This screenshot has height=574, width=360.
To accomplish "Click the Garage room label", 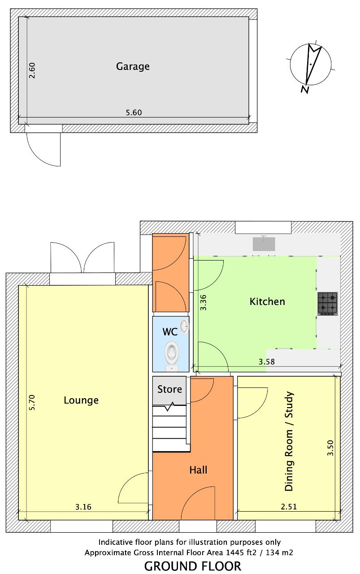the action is coord(133,67).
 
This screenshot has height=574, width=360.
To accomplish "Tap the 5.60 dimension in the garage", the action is coord(134,113).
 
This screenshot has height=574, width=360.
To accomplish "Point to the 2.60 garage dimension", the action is coord(32,70).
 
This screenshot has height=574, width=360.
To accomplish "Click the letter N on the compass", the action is coord(305,89).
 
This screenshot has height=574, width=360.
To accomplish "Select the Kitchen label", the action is coord(267,302).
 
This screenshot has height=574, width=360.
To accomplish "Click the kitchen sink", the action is coord(264,244).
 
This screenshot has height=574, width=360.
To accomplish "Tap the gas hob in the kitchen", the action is coord(328,304).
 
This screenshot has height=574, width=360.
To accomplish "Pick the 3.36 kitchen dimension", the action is coord(203,302).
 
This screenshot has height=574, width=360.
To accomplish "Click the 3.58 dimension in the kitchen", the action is coord(266,361).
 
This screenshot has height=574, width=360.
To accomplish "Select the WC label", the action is coord(170,332).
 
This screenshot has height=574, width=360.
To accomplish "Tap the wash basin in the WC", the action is coord(184,326).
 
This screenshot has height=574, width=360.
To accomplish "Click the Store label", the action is coord(169,389).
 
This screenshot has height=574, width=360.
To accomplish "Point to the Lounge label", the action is coord(81,400).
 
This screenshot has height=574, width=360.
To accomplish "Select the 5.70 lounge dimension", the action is coord(32,403).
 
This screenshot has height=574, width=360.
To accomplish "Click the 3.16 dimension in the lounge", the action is coord(83,507).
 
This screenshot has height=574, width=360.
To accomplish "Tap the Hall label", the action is coord(198,470).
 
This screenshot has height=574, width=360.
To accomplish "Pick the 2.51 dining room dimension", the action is coord(289,507).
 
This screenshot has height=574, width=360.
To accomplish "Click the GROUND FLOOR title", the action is coord(193,566).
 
